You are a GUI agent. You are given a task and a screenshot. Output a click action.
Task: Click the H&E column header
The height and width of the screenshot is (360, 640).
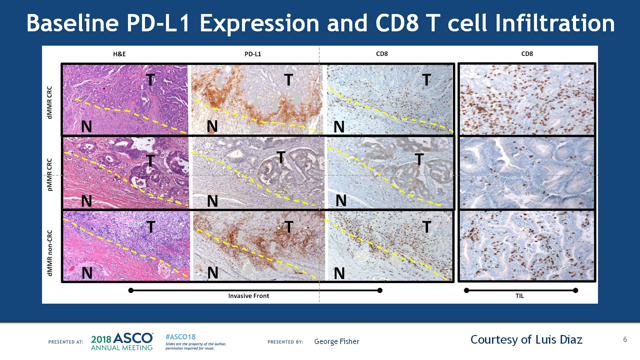(x=119, y=54)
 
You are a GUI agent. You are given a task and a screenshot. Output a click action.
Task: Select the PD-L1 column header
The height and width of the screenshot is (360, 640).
(x=253, y=54)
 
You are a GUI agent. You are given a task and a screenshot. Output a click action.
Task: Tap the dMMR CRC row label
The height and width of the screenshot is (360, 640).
(x=50, y=102)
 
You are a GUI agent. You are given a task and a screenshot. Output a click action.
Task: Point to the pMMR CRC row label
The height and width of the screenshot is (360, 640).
(x=50, y=175)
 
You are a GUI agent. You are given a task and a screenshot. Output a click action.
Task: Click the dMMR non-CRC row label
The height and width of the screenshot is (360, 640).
(x=50, y=253)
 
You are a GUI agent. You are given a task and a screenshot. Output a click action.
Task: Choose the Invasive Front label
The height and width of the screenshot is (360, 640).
(x=249, y=296)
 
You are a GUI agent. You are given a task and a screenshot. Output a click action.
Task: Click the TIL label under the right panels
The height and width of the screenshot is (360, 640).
(x=520, y=296)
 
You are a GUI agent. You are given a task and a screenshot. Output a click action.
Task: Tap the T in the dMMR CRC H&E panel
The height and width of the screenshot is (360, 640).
(x=151, y=80)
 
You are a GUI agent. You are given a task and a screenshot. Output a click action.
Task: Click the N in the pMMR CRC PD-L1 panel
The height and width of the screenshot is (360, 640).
(x=212, y=201)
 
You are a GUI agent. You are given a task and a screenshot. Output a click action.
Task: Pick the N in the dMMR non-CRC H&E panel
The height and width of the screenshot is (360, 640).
(x=87, y=273)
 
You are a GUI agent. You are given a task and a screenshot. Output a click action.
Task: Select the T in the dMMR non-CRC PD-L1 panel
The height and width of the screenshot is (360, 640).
(x=289, y=227)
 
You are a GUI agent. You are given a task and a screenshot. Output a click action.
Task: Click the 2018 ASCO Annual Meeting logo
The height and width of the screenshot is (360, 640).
(x=122, y=341)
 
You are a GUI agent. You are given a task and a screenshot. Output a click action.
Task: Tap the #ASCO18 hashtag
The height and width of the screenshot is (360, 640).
(x=180, y=337)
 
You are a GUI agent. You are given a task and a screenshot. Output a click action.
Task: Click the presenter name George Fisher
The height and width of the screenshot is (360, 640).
(x=337, y=342)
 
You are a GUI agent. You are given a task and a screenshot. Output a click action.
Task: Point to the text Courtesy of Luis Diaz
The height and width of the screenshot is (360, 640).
(x=526, y=340)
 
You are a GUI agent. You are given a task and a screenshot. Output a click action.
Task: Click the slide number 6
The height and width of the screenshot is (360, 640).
(x=625, y=340)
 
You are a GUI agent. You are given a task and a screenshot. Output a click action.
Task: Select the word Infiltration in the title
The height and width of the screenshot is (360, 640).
(x=555, y=23)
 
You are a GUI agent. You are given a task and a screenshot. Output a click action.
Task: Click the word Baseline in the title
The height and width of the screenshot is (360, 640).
(x=73, y=23)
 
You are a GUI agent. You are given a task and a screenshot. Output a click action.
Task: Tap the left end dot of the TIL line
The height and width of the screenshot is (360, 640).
(x=467, y=291)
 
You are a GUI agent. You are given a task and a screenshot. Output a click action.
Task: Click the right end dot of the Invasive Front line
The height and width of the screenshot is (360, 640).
(x=380, y=291)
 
